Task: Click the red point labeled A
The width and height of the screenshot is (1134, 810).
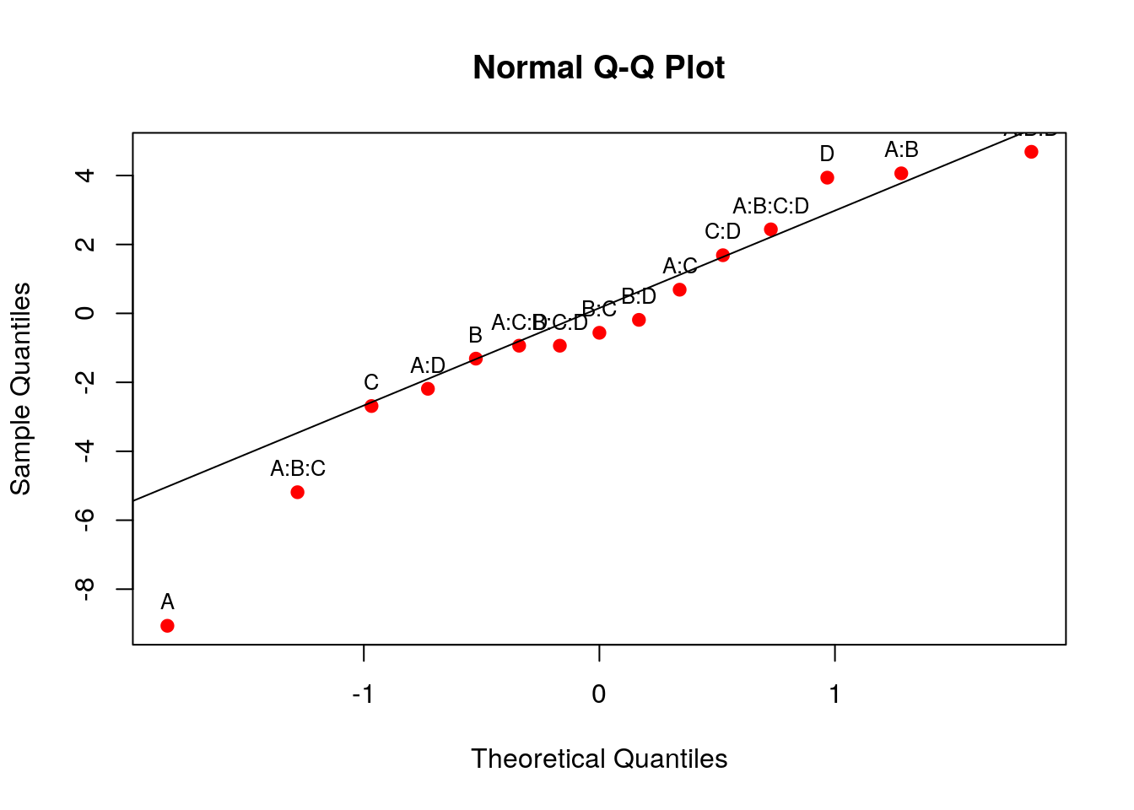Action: (x=167, y=625)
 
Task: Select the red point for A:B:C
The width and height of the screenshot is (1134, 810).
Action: (x=297, y=492)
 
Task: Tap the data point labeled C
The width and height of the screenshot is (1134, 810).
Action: (x=371, y=406)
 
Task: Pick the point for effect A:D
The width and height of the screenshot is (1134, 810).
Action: (x=428, y=389)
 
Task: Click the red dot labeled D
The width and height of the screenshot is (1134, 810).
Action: (x=827, y=177)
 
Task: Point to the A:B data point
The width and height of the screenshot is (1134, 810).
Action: (x=901, y=173)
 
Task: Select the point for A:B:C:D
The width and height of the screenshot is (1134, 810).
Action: (x=770, y=229)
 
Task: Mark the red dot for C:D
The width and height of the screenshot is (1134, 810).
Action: (x=722, y=255)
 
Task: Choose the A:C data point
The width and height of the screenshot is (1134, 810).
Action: (x=679, y=289)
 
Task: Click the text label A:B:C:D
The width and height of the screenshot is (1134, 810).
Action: (x=770, y=206)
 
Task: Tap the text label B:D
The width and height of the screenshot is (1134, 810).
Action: (x=639, y=296)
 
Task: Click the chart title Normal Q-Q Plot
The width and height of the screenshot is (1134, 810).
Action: (x=598, y=67)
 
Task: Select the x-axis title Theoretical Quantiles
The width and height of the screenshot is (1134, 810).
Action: (x=599, y=759)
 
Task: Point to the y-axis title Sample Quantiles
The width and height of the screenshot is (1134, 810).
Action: (x=20, y=388)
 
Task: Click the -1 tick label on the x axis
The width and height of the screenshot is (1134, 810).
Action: (x=363, y=694)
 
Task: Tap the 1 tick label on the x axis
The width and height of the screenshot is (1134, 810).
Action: (x=834, y=694)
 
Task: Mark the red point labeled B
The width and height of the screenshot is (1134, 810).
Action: (x=476, y=359)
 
